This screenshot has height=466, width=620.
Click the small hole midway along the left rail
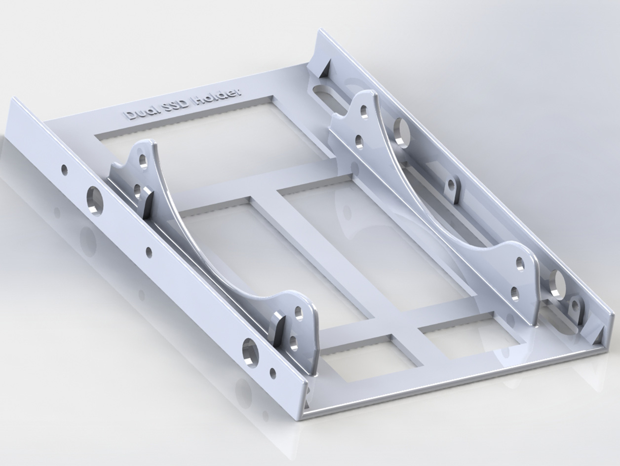pyautogui.click(x=148, y=250)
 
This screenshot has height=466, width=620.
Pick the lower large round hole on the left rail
pyautogui.click(x=251, y=351)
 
